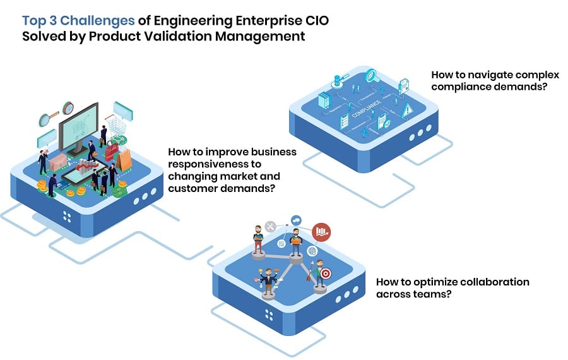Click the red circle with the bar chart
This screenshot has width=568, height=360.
coord(321,232)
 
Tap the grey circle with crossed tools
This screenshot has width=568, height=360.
coord(271,226)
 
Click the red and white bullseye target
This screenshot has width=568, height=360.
coord(325,274)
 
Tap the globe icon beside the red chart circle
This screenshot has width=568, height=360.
coord(311,251)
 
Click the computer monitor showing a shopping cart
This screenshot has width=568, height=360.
coord(79,126)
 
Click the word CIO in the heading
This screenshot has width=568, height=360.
coord(314,21)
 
